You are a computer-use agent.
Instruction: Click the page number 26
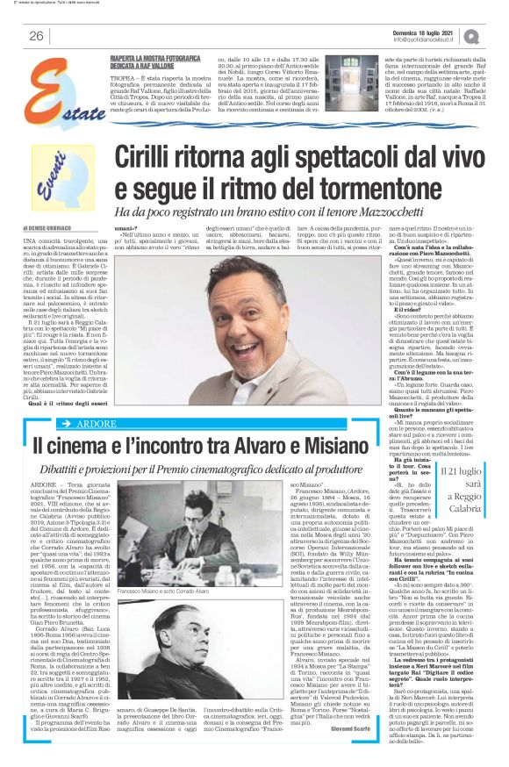[37, 35]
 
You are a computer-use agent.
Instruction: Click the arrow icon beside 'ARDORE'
[68, 423]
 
